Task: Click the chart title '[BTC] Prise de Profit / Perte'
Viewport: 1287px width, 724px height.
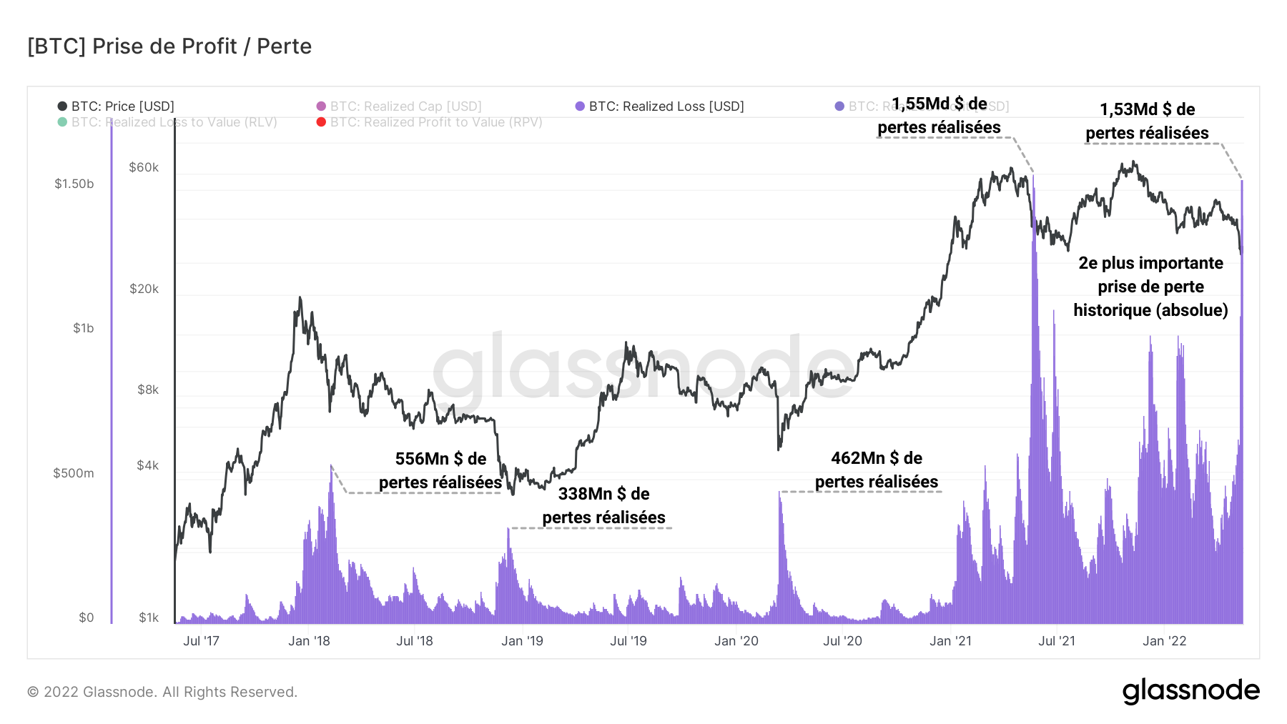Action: pos(169,46)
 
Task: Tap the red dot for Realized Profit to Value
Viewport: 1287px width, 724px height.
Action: pos(322,122)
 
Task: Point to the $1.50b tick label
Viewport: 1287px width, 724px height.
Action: pos(74,184)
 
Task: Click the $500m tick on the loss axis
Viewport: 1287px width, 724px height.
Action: pos(74,473)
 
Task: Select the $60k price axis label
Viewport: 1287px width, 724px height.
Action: pos(144,167)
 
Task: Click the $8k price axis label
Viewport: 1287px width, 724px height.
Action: pos(148,390)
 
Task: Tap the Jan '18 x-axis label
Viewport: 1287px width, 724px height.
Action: pos(309,641)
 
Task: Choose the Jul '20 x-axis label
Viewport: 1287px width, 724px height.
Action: pos(842,641)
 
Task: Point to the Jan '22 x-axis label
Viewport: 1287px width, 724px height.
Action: pos(1164,641)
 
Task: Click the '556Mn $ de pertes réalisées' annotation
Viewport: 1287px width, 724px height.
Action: pos(440,470)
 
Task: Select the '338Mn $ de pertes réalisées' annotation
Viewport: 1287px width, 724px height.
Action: pos(603,505)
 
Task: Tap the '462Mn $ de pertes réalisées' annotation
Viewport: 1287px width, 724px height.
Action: pos(877,470)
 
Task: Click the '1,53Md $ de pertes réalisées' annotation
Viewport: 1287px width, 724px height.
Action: pos(1147,121)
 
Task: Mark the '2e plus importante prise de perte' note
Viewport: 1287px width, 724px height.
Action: pos(1150,287)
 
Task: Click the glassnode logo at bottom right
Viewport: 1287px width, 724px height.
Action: pos(1190,691)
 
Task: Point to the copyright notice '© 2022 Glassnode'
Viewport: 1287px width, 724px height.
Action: pos(162,692)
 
